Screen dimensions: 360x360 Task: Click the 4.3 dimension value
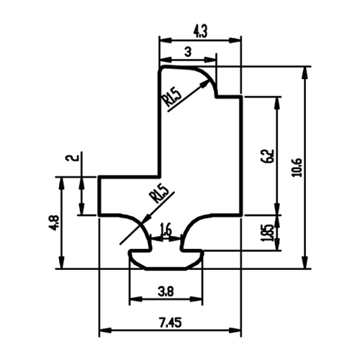coord(200,32)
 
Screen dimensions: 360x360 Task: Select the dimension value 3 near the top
coord(188,52)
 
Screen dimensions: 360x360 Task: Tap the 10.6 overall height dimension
coord(297,168)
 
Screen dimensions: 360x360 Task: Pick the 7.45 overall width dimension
coord(170,323)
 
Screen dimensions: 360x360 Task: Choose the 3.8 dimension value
coord(166,292)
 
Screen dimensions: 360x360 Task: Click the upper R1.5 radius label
coord(172,98)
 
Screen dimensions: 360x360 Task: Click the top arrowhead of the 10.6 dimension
coord(305,72)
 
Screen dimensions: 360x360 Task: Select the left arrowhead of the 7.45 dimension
coord(105,330)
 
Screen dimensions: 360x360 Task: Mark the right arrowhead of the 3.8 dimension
coord(197,299)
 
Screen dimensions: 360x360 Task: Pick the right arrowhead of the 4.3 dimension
coord(235,40)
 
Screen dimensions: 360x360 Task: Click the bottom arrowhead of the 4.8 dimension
coord(62,263)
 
